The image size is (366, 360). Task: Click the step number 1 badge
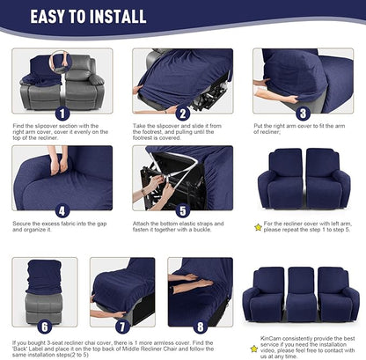click(61, 113)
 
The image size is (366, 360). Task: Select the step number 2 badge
click(182, 113)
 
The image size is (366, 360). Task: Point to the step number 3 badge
click(302, 113)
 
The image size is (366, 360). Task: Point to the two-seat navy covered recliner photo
click(302, 180)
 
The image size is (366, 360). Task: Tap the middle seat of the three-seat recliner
click(302, 290)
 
